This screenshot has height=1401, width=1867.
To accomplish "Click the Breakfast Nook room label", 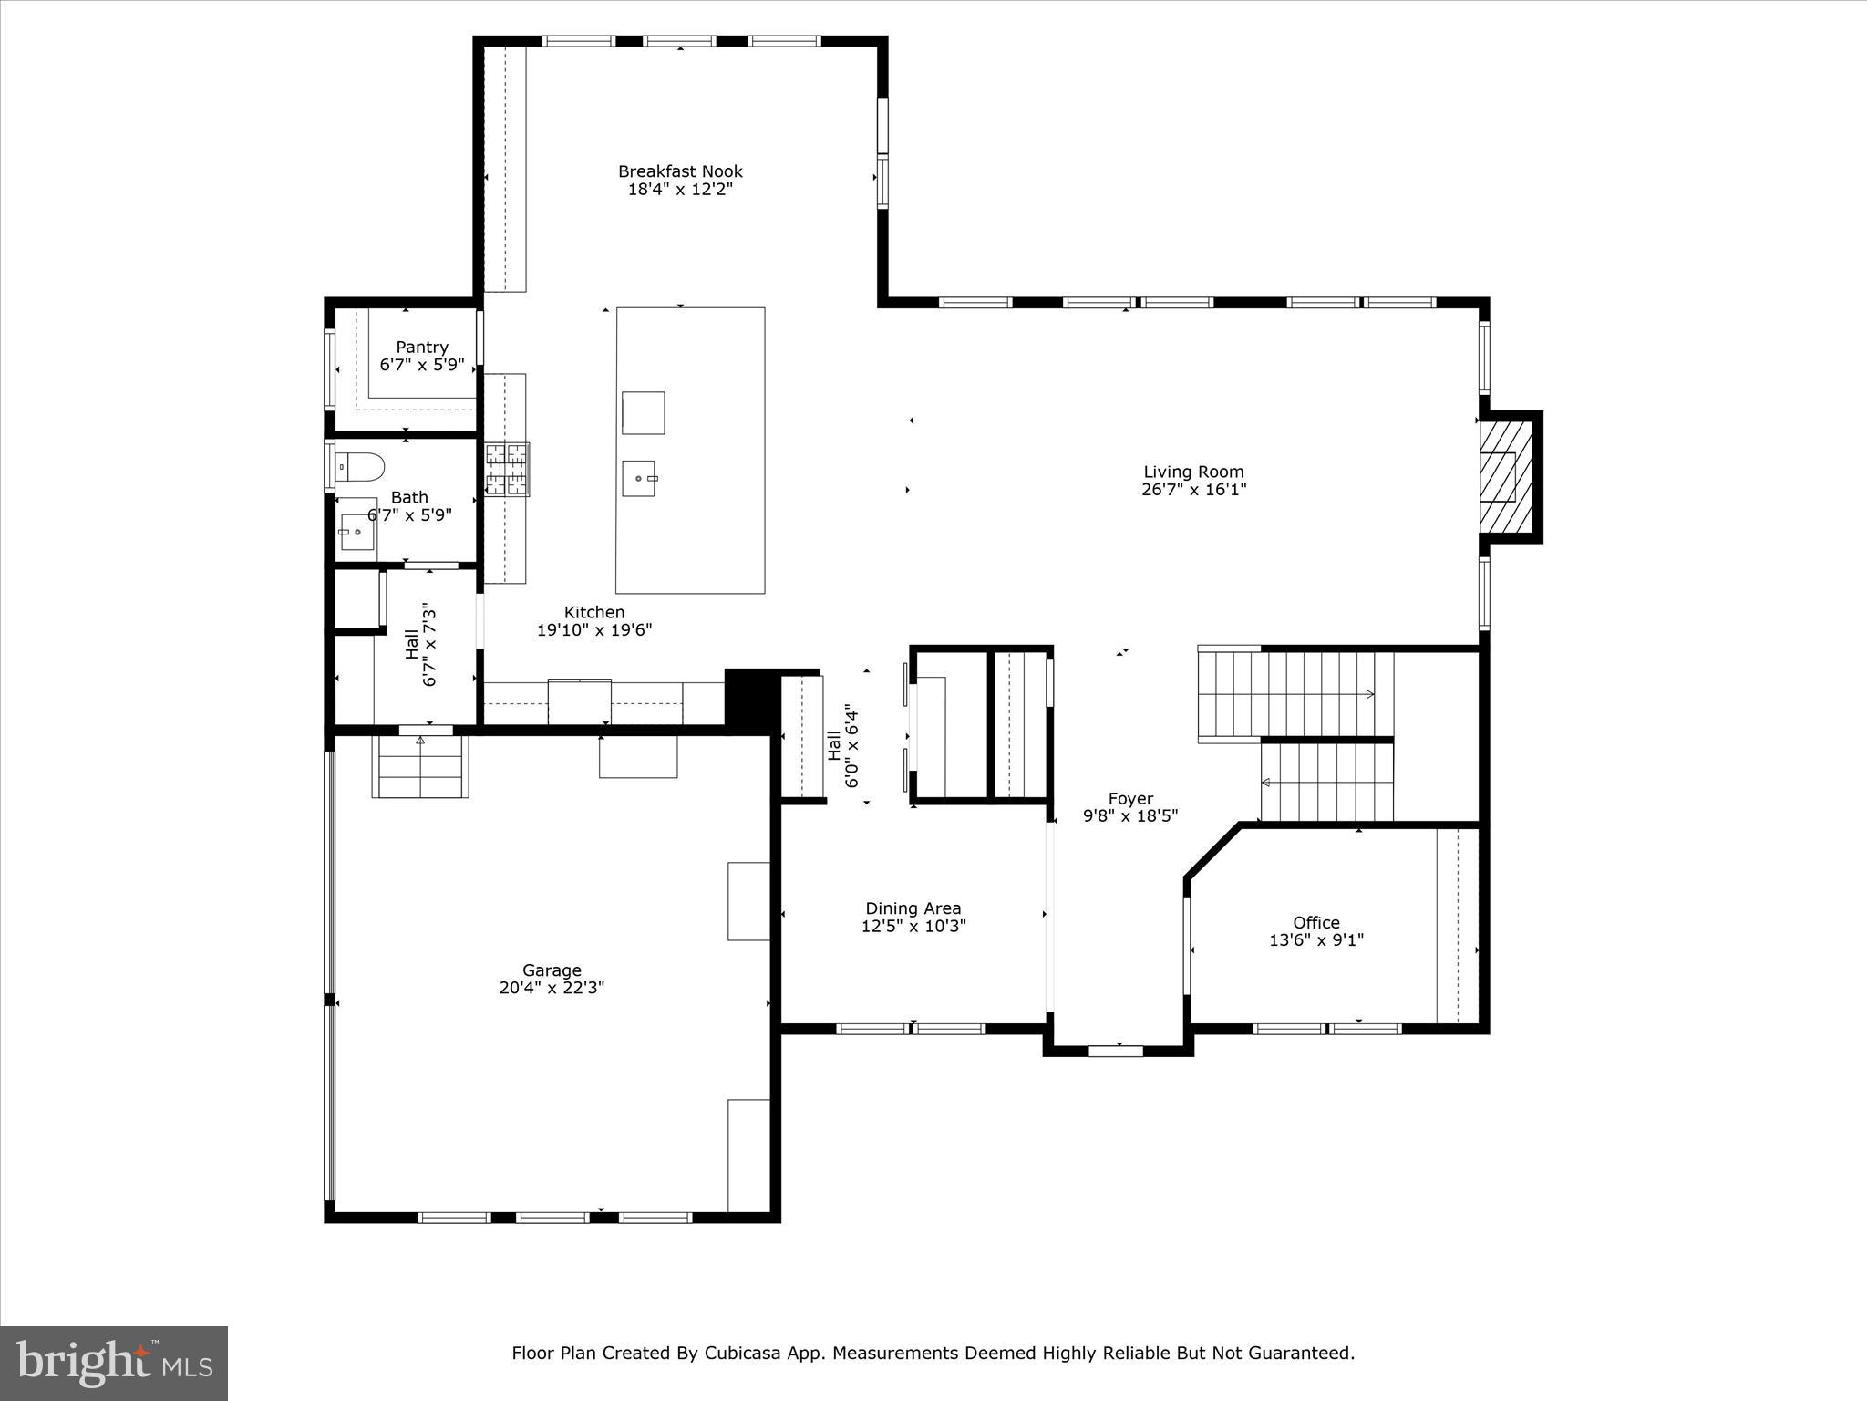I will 680,171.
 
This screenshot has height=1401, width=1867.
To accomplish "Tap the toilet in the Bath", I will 360,467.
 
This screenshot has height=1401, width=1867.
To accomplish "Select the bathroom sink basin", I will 356,531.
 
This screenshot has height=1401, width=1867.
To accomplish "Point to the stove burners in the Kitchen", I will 507,469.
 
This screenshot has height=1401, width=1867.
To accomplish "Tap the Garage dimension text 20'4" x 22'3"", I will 552,988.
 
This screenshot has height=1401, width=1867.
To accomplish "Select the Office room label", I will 1315,922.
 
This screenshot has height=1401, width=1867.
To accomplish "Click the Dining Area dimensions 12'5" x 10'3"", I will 913,926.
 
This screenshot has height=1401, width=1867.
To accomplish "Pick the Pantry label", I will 422,348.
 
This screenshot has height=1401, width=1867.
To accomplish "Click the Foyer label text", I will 1130,799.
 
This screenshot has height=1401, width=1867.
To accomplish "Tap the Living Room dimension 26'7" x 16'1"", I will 1193,489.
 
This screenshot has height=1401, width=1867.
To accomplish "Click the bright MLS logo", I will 114,1364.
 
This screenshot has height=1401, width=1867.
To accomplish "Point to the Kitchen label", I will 594,613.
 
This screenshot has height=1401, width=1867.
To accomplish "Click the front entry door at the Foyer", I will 1116,1051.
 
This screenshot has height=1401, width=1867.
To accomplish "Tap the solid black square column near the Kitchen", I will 748,698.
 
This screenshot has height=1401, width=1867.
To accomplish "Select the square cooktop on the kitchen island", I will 643,412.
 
